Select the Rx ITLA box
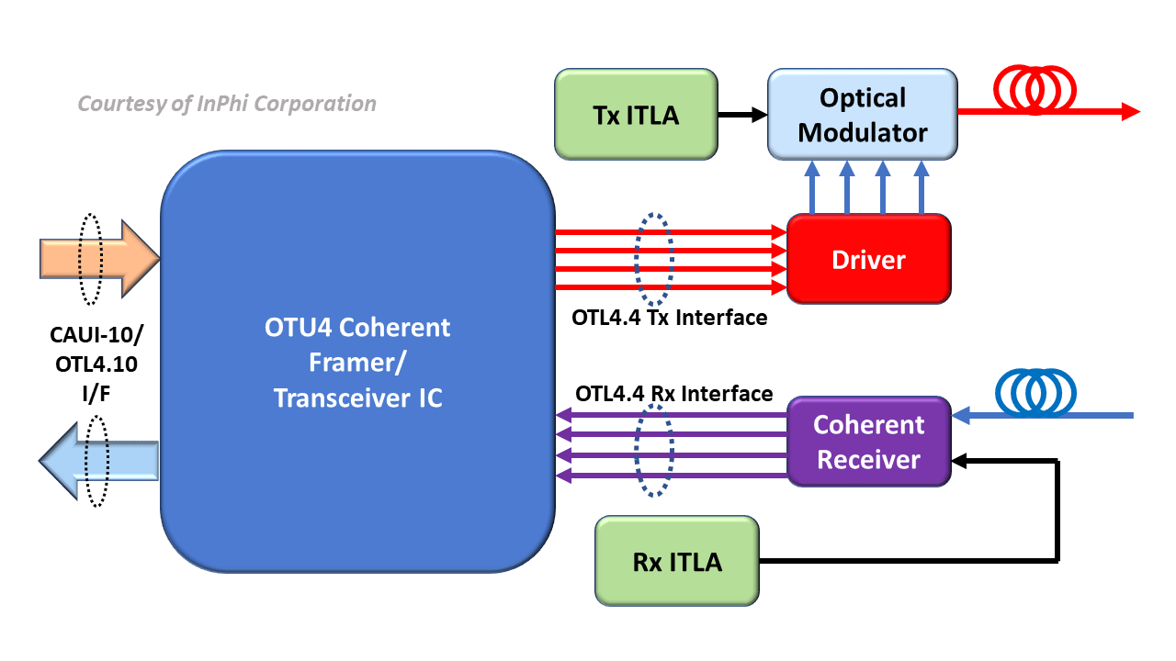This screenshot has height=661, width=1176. point(677,561)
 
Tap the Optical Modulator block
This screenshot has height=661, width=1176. point(862,115)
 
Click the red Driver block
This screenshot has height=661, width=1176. point(868,260)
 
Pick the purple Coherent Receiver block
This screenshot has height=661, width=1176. point(868,442)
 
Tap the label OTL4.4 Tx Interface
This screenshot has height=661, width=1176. point(669,319)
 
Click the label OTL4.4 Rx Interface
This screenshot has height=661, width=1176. point(673,393)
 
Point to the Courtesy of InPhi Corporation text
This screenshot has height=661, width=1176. point(227,104)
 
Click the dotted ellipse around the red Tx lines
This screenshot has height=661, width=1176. point(655,260)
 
